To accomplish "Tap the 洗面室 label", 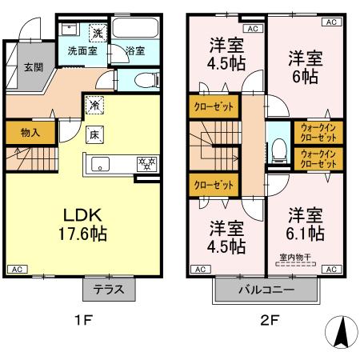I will pos(81,51).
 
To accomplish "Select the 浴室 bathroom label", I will pos(134,51).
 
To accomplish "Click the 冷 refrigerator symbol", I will pos(94,104).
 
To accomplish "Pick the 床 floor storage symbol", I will pos(94,134).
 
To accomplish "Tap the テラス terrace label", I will pos(107,290).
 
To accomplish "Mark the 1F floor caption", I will pos(85,325).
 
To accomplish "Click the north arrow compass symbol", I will pos(341,331).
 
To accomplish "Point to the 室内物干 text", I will pos(294,256).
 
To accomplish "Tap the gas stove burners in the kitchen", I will pos(146,164).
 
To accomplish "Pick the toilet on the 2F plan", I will pos(278,148).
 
